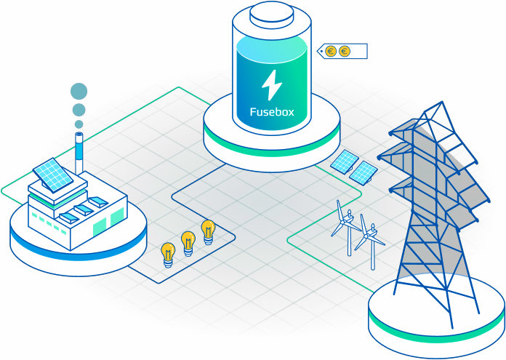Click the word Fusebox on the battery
point(272,112)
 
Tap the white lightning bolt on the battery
point(272,85)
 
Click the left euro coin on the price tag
point(331,51)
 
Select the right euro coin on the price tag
point(345,51)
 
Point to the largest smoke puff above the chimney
point(79,91)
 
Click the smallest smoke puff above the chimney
point(79,124)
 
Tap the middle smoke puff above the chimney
point(79,110)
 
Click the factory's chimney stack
point(79,153)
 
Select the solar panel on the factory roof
point(53,175)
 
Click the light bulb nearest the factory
point(168,255)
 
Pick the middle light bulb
point(188,244)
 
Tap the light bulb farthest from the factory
point(208,232)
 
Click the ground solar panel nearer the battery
point(345,161)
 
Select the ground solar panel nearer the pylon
point(364,173)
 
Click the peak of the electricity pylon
point(442,102)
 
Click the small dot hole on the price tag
point(322,51)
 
